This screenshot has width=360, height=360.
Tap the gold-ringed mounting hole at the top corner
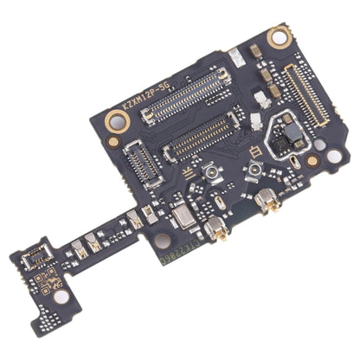278,36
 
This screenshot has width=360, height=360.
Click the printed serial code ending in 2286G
176,254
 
